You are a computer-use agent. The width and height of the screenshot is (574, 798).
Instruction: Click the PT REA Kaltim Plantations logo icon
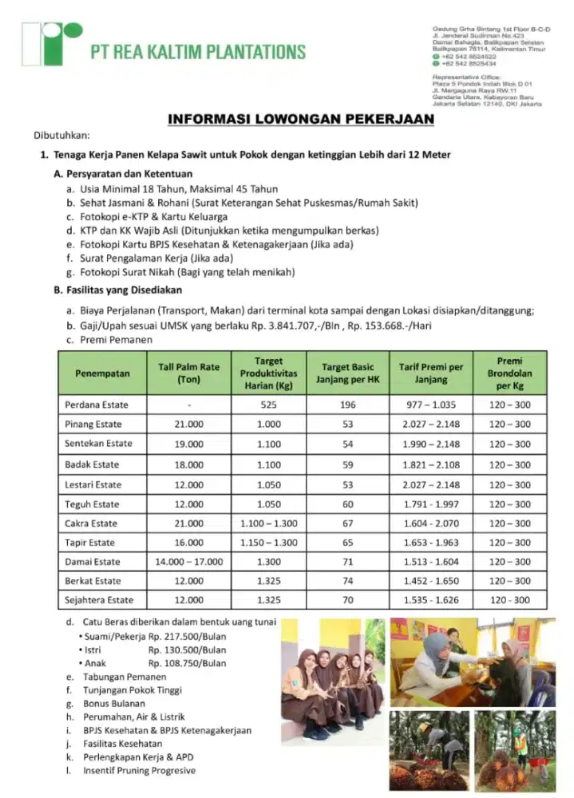click(x=52, y=44)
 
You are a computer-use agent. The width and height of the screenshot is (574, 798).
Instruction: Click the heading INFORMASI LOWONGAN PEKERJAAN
click(x=301, y=119)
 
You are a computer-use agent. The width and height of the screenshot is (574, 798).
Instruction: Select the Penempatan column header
click(x=97, y=373)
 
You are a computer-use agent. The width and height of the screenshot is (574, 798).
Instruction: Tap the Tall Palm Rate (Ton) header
click(x=188, y=373)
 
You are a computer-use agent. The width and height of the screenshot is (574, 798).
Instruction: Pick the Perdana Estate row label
click(x=97, y=405)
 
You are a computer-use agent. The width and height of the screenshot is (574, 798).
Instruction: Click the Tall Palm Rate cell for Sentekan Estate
click(x=188, y=444)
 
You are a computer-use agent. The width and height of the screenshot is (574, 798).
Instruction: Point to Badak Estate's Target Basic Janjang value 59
click(x=347, y=464)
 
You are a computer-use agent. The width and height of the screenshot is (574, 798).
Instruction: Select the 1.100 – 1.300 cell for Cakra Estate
click(x=269, y=523)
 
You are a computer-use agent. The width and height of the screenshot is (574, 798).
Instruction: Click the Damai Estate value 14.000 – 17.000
click(x=188, y=562)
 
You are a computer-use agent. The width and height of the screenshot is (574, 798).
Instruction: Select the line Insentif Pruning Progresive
click(x=139, y=770)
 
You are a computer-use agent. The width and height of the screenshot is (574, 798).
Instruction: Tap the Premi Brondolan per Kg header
click(x=509, y=373)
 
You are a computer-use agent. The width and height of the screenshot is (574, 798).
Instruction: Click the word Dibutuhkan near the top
click(x=61, y=135)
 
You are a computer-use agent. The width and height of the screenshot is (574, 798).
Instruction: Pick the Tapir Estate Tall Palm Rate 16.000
click(x=188, y=543)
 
